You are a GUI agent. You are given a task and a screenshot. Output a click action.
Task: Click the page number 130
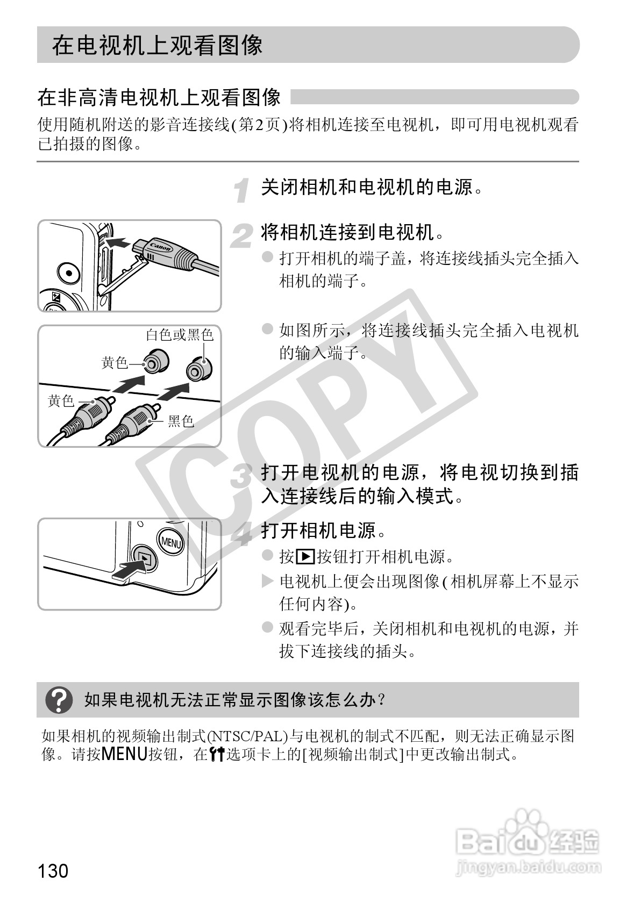tap(53, 870)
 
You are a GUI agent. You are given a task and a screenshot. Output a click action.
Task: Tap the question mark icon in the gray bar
tap(59, 700)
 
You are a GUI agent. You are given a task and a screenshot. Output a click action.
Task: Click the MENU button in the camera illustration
tap(170, 542)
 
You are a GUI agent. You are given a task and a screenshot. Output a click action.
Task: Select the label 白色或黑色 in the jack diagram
tap(180, 335)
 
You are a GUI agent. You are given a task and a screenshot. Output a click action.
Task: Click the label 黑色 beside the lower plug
tap(181, 421)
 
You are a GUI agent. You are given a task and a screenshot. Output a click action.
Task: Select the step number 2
tap(242, 236)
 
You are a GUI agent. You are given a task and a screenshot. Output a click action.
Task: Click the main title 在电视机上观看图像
tap(158, 45)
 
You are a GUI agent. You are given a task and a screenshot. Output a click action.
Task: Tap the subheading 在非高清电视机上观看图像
tap(159, 97)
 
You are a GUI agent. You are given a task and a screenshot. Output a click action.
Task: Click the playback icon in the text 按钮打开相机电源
tap(305, 557)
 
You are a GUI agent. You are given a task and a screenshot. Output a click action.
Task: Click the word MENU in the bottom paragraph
tap(124, 754)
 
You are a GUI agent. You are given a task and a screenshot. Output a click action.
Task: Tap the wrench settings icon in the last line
tap(217, 755)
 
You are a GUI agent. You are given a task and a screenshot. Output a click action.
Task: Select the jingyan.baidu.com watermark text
tap(526, 868)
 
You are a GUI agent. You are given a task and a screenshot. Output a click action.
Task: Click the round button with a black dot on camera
tap(68, 273)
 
